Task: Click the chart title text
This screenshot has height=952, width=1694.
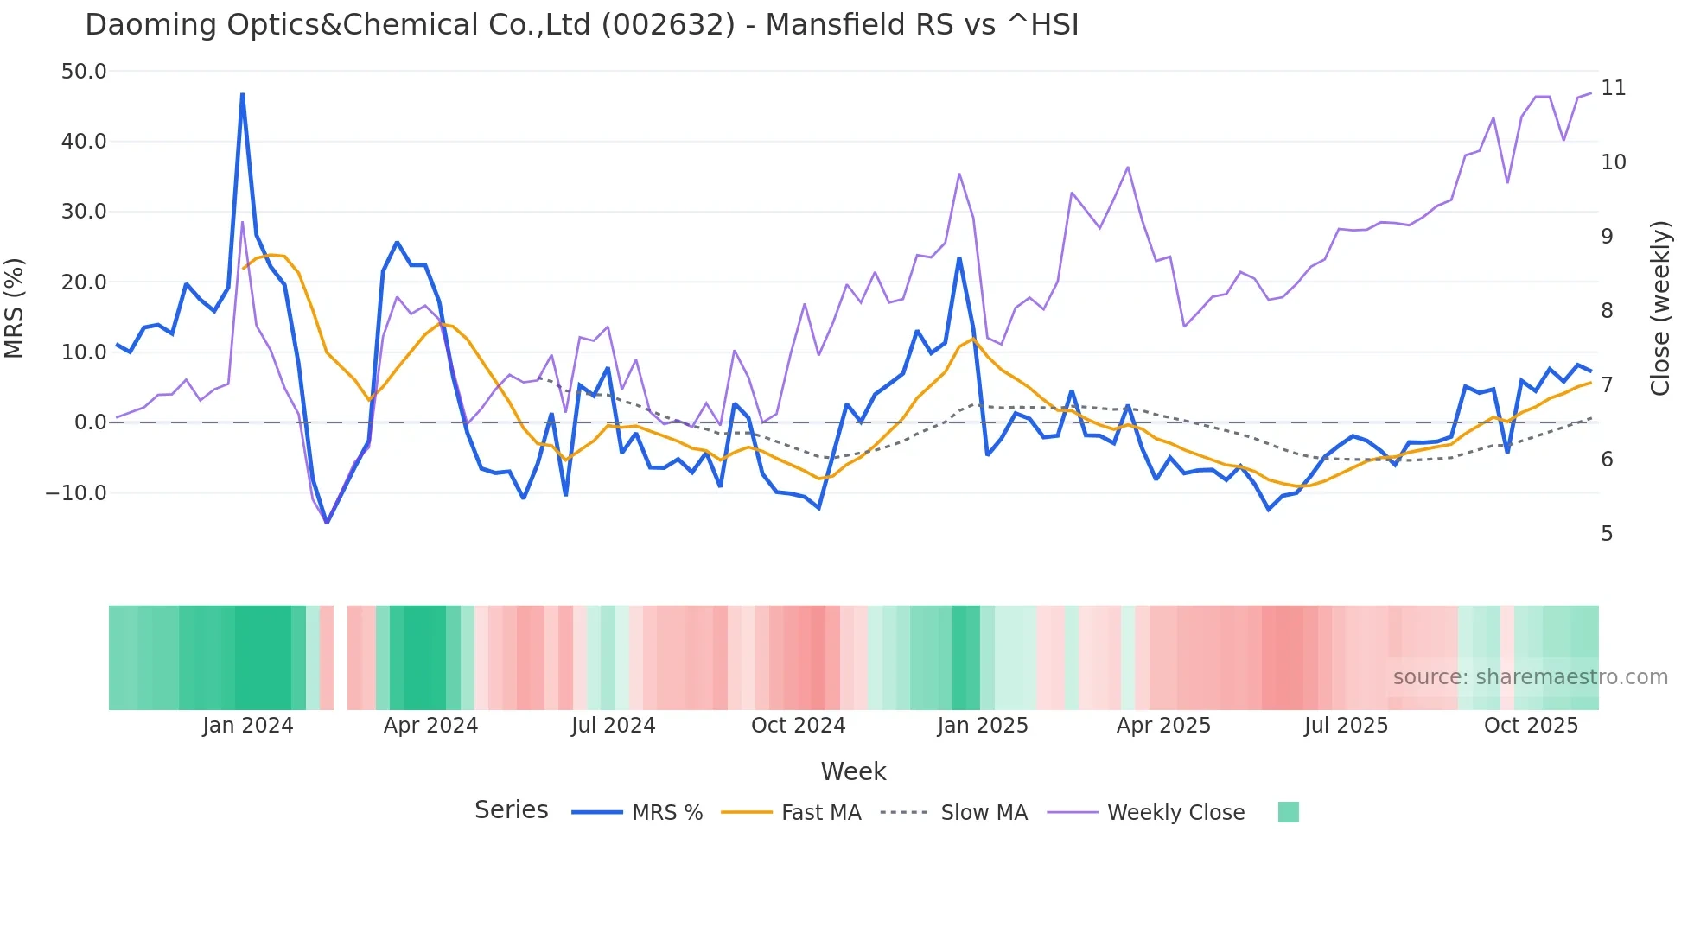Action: (582, 25)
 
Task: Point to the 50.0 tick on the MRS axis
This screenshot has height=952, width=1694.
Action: (84, 72)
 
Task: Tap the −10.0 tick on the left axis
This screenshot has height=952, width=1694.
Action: (76, 493)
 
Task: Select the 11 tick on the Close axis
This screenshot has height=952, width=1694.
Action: (1613, 88)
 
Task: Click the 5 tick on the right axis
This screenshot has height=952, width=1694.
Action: (1607, 534)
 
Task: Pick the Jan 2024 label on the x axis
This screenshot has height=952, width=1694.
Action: (248, 726)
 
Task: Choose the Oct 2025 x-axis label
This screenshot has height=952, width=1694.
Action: (1531, 726)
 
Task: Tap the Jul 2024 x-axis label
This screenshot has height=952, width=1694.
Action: (613, 726)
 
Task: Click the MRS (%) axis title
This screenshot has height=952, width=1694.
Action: (15, 308)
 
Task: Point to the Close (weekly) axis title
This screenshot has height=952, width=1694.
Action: (1660, 308)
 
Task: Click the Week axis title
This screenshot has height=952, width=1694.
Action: (853, 771)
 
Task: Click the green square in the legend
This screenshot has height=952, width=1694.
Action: (1288, 812)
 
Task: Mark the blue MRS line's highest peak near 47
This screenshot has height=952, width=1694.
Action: (242, 94)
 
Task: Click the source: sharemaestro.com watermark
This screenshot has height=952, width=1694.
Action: (1530, 677)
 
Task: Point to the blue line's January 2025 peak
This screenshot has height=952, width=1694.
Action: (959, 258)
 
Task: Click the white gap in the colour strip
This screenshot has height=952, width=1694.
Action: (341, 657)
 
